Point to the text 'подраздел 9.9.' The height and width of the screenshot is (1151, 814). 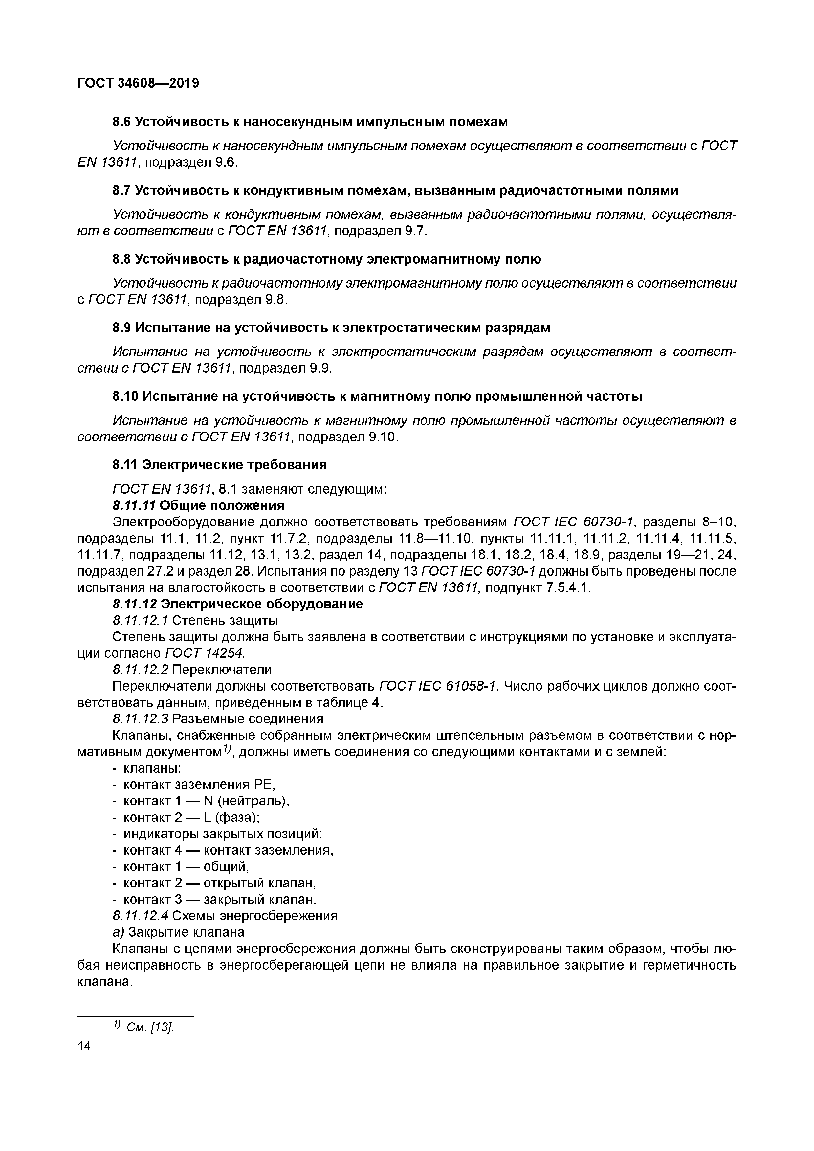(x=285, y=369)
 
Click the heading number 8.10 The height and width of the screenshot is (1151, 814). (x=125, y=396)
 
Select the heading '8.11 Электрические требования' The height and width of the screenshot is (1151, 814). (x=219, y=465)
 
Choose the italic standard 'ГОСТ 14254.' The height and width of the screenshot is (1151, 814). (x=206, y=653)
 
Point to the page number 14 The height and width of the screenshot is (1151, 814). (x=84, y=1046)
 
